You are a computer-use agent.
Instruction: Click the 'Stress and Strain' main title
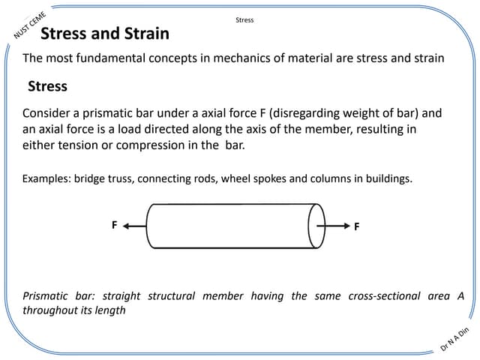[105, 33]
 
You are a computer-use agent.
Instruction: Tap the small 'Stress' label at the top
[244, 20]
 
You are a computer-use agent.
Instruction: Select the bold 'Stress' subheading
[47, 86]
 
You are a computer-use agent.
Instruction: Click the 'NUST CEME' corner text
[30, 25]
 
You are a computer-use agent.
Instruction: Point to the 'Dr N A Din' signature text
[454, 339]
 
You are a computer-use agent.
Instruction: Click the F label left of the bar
[115, 225]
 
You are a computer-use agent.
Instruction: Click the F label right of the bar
[357, 226]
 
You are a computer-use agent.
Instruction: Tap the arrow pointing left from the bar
[135, 226]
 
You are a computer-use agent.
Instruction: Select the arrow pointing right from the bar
[333, 226]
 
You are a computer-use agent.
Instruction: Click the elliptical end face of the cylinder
[309, 226]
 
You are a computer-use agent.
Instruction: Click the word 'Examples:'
[46, 178]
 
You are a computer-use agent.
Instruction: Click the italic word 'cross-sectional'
[384, 296]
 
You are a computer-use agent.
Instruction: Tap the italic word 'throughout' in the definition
[49, 310]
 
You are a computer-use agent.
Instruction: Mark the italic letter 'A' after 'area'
[461, 296]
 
